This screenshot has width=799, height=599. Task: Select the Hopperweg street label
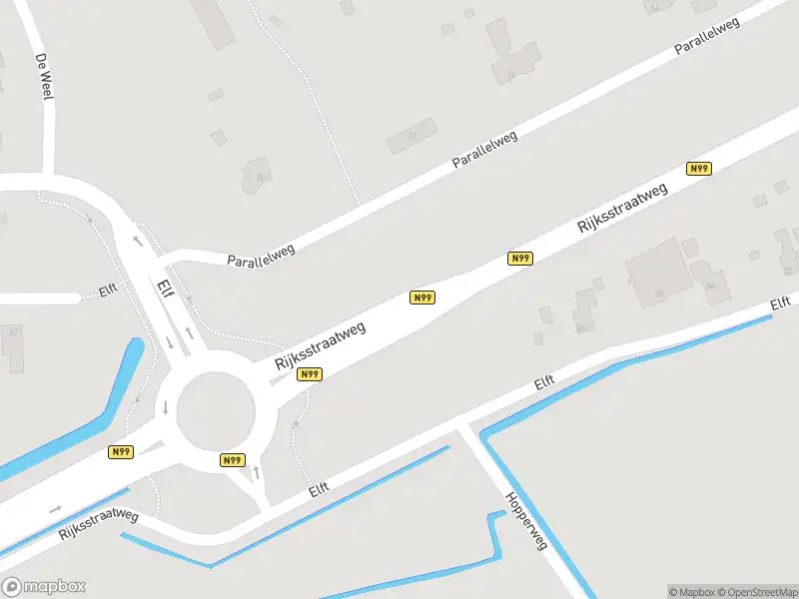[x=526, y=522]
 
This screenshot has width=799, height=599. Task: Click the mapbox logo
[x=44, y=587]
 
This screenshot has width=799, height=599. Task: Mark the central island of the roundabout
[x=216, y=409]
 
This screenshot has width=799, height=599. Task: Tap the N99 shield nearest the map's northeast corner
[x=699, y=169]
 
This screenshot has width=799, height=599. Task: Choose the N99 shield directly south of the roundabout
[x=232, y=460]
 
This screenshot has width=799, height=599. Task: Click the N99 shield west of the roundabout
[x=121, y=452]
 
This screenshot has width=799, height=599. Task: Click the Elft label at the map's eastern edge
[x=781, y=304]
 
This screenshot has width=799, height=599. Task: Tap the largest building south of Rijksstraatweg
[x=659, y=268]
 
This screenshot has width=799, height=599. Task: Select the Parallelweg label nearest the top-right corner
[x=706, y=36]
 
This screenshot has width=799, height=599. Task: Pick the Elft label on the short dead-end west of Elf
[x=108, y=292]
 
